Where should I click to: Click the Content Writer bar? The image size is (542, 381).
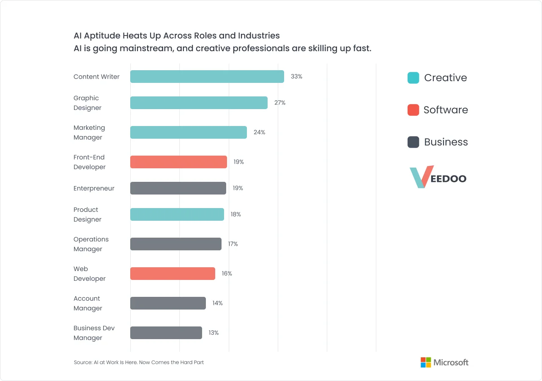pos(207,77)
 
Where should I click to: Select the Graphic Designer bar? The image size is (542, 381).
pos(199,103)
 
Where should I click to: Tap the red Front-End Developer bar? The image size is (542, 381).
pos(178,162)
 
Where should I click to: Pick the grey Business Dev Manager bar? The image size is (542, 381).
pos(166,333)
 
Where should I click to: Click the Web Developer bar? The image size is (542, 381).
pos(172,274)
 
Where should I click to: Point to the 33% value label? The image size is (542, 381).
pos(296,77)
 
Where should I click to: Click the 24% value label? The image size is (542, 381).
pos(259,132)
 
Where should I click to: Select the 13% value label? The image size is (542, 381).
pos(214,333)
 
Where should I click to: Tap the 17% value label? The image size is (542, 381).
pos(233,244)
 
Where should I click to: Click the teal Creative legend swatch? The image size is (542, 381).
pos(413,78)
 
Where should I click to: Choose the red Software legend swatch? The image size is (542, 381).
pos(413,110)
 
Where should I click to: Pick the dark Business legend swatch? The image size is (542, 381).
pos(413,142)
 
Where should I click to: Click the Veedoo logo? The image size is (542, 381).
pos(438,177)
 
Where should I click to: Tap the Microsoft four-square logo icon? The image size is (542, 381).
pos(425,362)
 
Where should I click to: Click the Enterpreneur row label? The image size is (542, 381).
pos(94,188)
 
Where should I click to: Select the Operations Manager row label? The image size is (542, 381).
pos(91,244)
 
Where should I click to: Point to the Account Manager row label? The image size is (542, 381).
pos(88,303)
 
